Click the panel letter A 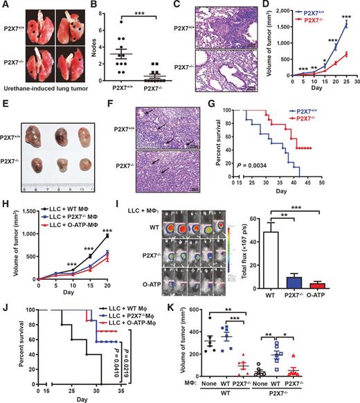(6, 6)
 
